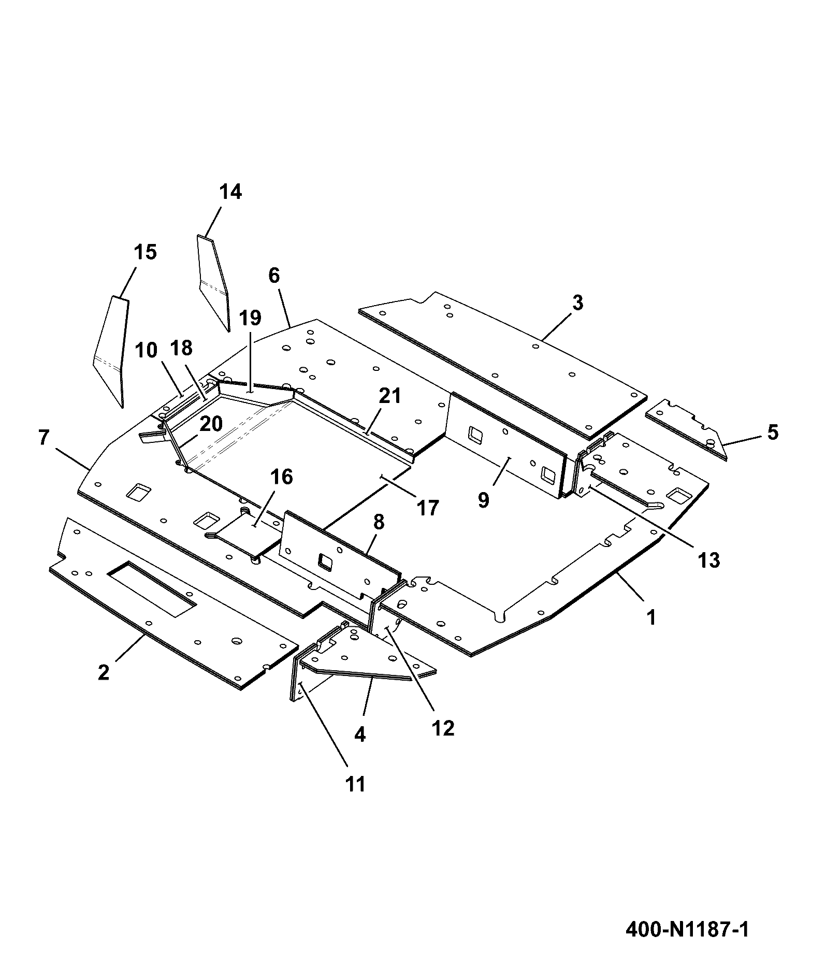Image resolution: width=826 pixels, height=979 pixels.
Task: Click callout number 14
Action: coord(230,192)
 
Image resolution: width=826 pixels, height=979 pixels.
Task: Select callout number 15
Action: coord(145,252)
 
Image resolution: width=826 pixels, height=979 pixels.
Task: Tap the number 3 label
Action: coord(578,303)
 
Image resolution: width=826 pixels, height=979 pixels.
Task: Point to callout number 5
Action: coord(773,433)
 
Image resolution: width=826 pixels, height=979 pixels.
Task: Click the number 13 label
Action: coord(708,560)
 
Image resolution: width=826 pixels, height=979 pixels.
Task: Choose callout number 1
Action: coord(651,617)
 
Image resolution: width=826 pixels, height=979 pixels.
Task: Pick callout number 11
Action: coord(355,798)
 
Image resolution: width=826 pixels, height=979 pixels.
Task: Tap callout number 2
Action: coord(104,672)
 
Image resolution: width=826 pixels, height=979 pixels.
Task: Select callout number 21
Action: coord(390,396)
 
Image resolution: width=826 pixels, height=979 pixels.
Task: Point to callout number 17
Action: coord(427,508)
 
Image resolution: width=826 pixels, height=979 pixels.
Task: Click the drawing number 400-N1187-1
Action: coord(687,929)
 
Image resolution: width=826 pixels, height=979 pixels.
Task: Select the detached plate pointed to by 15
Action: coord(111,352)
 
